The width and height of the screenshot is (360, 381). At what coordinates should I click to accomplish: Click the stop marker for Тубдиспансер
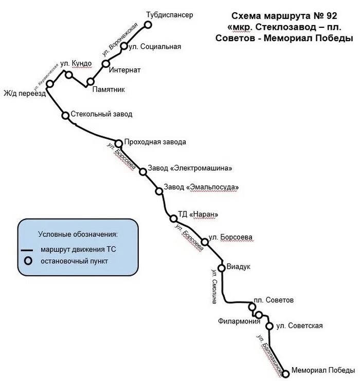click(x=148, y=24)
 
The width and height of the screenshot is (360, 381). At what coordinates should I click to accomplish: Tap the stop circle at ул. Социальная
click(x=124, y=46)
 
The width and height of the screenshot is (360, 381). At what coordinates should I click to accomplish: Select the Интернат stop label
click(x=125, y=69)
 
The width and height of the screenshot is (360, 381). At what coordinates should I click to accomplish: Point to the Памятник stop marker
click(x=91, y=81)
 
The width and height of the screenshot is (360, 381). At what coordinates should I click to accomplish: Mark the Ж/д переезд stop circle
click(x=50, y=84)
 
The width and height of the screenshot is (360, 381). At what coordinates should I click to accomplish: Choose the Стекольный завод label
click(x=101, y=114)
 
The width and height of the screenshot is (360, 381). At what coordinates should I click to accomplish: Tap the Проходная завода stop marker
click(x=118, y=143)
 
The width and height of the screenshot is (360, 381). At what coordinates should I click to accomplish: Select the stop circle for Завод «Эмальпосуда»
click(x=159, y=191)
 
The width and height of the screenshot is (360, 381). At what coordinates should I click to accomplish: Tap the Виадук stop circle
click(x=222, y=267)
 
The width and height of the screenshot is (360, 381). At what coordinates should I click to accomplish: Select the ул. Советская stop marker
click(x=269, y=325)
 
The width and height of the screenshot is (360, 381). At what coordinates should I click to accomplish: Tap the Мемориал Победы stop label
click(x=322, y=369)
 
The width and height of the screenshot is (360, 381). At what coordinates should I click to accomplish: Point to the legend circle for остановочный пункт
click(x=28, y=261)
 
